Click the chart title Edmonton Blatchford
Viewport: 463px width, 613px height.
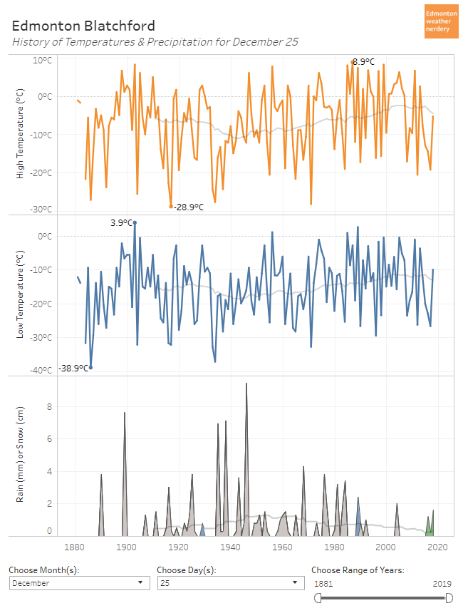tap(83, 26)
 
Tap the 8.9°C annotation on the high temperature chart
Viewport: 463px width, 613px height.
tap(363, 62)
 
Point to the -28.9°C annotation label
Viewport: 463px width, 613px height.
tap(189, 207)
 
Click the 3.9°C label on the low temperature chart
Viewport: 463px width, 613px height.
tap(121, 222)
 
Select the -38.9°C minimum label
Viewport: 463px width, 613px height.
tap(73, 368)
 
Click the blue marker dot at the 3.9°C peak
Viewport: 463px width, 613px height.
tap(135, 222)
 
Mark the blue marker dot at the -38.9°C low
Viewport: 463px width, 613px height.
tap(90, 367)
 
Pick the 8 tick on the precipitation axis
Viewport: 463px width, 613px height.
tap(49, 407)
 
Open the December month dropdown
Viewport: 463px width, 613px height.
tap(78, 583)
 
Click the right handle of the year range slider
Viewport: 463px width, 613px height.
tap(449, 597)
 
